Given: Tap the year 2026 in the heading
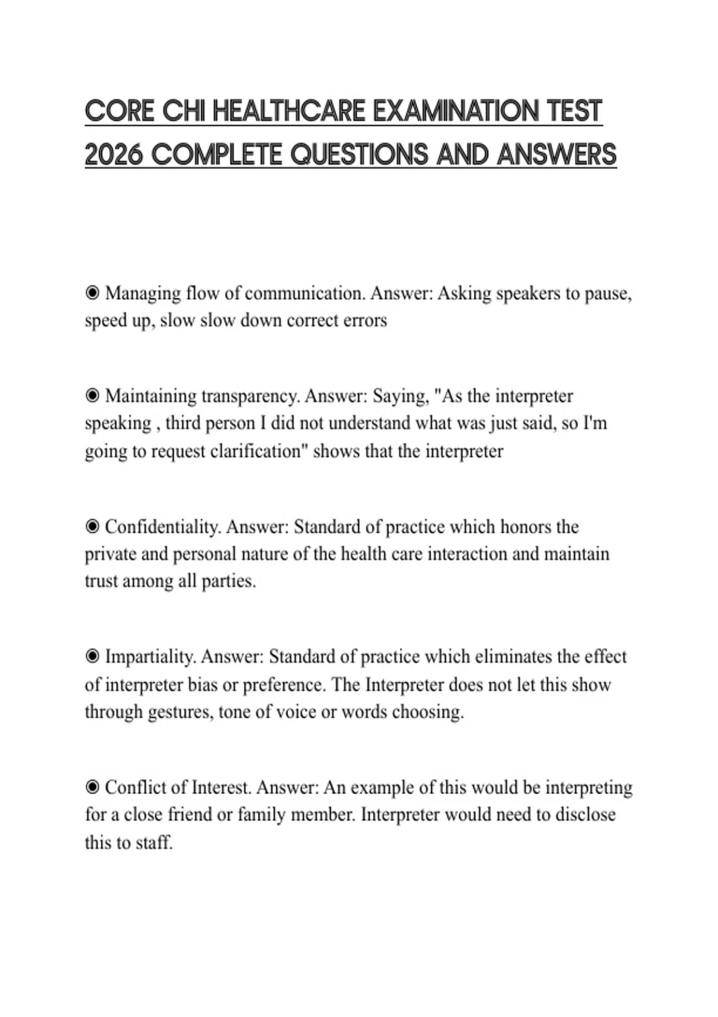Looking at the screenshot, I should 114,155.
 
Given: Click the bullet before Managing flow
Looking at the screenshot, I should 92,293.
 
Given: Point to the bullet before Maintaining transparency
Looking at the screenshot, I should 92,395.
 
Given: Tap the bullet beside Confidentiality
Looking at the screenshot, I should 92,526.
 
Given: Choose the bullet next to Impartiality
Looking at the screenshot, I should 92,657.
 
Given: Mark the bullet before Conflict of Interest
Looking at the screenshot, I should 92,787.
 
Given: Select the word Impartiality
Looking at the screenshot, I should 150,657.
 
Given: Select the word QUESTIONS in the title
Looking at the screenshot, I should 360,155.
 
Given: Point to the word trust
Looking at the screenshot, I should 101,581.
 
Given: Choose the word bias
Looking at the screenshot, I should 202,684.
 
